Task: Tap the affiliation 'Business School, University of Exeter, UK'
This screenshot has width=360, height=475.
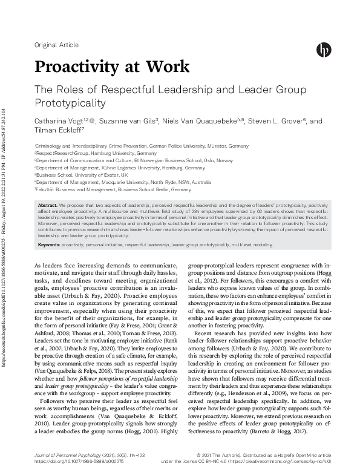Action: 77,174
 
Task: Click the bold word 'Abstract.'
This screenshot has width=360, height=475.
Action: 48,206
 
